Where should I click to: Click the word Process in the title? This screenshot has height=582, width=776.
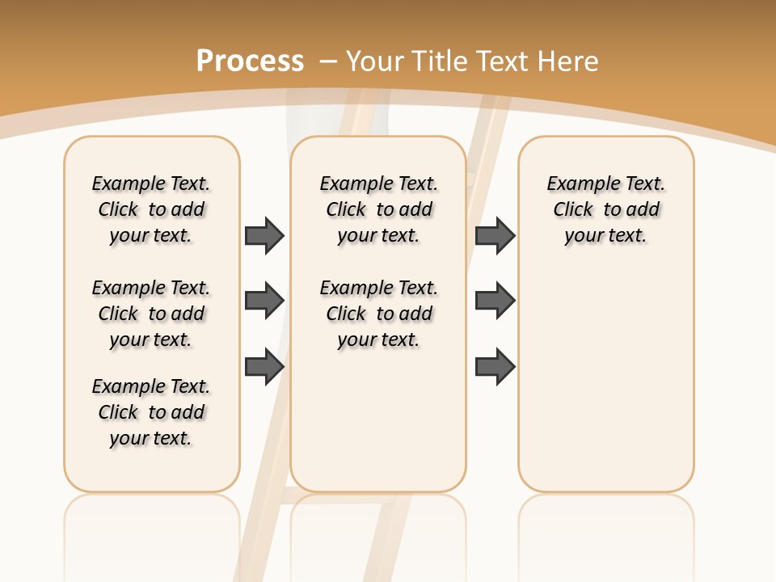point(250,61)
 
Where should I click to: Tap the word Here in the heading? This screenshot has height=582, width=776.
point(571,61)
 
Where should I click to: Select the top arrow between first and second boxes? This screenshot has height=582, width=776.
point(264,235)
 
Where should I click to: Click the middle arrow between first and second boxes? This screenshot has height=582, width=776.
point(264,301)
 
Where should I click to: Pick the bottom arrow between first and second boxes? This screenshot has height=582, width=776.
point(264,366)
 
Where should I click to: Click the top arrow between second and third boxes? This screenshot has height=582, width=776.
point(495,235)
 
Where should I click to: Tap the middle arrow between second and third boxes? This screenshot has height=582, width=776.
point(495,301)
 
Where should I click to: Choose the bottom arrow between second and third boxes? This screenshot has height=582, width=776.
point(495,366)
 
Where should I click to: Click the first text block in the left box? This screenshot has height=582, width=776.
point(151,209)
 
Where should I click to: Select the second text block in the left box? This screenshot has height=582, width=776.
point(151,314)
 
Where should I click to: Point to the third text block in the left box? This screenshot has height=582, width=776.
point(151,412)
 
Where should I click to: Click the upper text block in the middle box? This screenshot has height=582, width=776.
point(378,209)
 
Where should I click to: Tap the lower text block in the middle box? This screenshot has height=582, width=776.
point(378,314)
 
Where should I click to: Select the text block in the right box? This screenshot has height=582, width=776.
point(605,209)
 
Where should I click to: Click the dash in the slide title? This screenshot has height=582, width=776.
point(328,61)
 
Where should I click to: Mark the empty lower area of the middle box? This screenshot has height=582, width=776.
point(378,420)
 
